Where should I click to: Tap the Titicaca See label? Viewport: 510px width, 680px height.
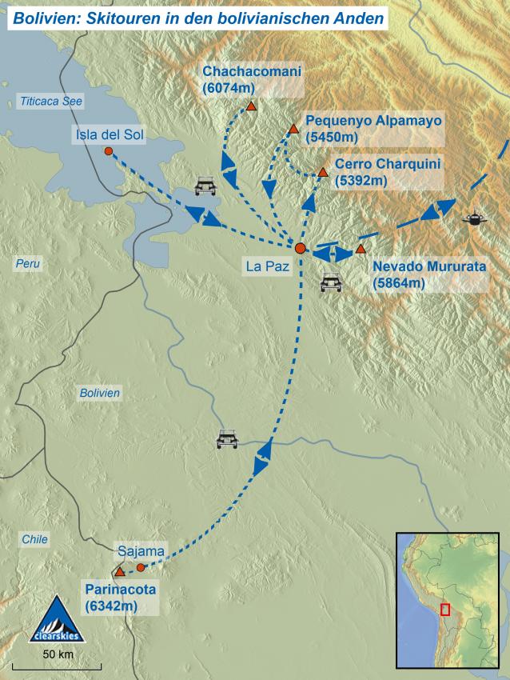[52, 101]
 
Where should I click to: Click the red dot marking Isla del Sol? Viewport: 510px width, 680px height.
[109, 151]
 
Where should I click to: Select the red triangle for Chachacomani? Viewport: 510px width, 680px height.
[251, 106]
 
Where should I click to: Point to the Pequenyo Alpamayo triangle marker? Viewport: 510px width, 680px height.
[293, 129]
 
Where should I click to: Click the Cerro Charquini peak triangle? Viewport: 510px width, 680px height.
[322, 172]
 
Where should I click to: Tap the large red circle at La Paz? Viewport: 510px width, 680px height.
[300, 248]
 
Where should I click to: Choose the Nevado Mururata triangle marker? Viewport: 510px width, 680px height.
[361, 249]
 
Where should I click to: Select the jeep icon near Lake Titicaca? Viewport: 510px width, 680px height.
[205, 186]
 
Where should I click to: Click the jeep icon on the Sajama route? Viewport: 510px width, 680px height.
[228, 439]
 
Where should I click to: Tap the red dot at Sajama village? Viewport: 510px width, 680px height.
[141, 567]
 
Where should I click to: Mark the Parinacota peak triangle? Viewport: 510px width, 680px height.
[120, 572]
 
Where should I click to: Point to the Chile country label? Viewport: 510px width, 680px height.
[34, 540]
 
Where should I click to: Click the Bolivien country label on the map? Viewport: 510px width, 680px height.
[99, 393]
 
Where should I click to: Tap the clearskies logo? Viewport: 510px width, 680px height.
[55, 621]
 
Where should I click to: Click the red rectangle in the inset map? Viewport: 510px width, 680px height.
[445, 609]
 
